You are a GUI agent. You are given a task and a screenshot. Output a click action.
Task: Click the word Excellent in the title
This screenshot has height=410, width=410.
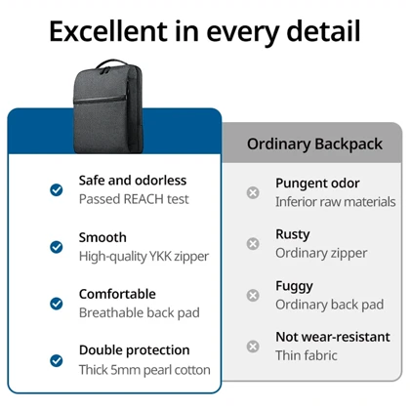click(x=108, y=31)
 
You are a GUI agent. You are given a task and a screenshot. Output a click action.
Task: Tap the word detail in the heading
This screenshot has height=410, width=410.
click(x=323, y=31)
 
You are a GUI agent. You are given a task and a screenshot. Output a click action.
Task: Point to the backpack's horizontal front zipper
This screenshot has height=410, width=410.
click(x=101, y=100)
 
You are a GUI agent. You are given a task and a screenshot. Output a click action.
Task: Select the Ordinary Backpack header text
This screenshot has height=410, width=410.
click(x=314, y=144)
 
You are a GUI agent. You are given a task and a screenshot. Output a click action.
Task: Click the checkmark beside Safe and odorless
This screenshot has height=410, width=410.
click(x=57, y=189)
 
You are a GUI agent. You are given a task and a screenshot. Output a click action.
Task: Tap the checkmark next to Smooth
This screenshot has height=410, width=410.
click(x=57, y=247)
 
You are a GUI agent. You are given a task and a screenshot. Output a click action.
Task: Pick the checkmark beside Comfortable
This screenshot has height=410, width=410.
click(x=57, y=304)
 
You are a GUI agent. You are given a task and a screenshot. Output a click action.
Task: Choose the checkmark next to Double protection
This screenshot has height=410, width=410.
click(x=57, y=360)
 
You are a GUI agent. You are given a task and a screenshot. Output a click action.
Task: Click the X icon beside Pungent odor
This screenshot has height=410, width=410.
click(x=253, y=192)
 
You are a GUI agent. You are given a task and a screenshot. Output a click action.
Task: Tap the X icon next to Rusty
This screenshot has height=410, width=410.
click(x=253, y=243)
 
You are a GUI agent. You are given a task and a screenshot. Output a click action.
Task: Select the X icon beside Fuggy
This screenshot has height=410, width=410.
click(x=253, y=295)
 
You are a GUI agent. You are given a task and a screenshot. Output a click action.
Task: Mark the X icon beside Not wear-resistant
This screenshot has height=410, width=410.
click(x=253, y=347)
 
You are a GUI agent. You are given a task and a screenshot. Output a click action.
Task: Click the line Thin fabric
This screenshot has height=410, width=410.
click(x=307, y=355)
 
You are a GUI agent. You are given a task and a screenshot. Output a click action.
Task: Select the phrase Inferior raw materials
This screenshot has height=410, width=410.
click(x=336, y=202)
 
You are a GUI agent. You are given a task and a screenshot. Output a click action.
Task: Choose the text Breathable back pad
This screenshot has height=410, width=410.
click(x=140, y=313)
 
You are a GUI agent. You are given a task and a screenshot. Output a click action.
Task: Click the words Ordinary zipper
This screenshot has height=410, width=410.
click(x=321, y=253)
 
